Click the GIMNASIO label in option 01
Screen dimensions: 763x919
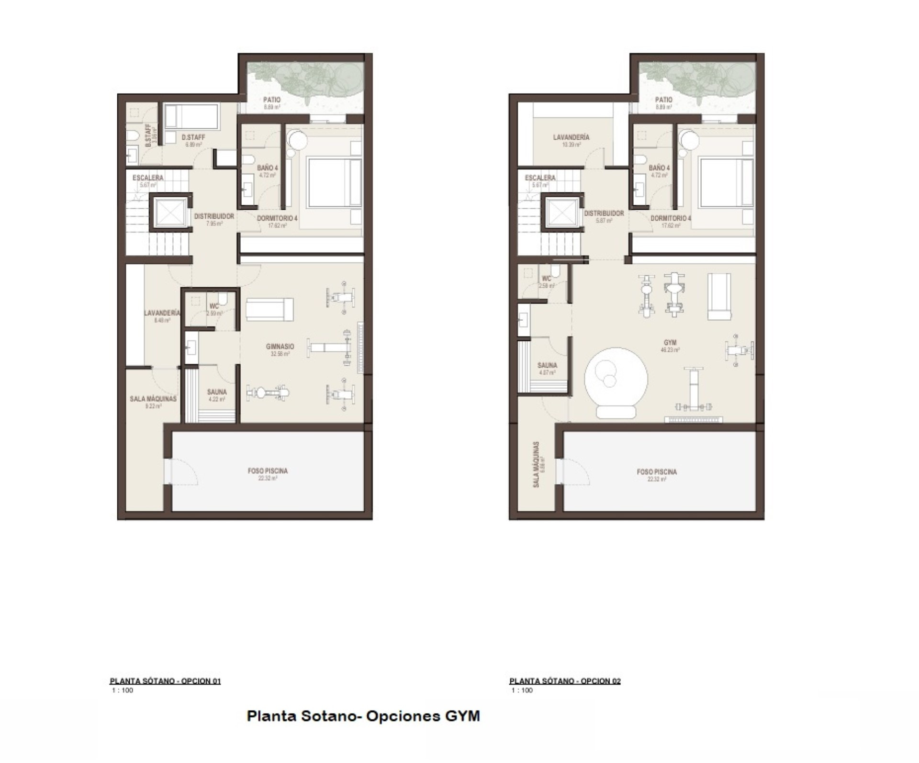tap(280, 346)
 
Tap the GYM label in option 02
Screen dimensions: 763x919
tap(670, 343)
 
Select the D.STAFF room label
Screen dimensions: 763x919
tap(193, 137)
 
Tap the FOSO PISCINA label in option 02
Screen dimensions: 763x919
tap(657, 472)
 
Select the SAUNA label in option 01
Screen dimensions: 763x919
tap(217, 392)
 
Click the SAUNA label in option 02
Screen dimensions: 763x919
tap(547, 365)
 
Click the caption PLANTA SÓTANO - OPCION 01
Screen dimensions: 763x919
tap(165, 681)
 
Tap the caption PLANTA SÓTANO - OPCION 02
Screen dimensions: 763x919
tap(565, 681)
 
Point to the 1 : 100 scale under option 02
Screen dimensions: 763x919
tap(522, 690)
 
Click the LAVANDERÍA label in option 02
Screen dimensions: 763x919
tap(571, 137)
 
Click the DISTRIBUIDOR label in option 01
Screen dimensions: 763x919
tap(214, 216)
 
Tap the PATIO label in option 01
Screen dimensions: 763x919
tap(272, 100)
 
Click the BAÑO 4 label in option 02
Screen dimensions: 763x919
tap(659, 168)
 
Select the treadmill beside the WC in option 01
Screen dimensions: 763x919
tap(269, 309)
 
